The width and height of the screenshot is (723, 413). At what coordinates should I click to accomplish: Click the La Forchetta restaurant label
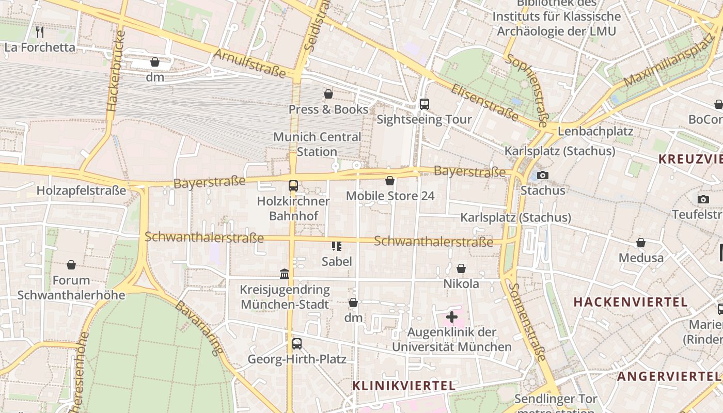pos(40,47)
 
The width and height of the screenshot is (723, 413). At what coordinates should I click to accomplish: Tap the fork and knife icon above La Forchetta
pos(40,32)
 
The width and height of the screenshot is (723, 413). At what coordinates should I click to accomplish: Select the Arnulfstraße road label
pos(249,63)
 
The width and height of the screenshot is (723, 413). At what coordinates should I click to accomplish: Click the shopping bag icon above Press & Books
pos(328,94)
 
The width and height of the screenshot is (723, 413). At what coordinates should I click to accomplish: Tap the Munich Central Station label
pos(317,144)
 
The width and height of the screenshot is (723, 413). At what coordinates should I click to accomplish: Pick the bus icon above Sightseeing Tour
pos(424,104)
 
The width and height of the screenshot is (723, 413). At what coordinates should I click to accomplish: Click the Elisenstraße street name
pos(484,103)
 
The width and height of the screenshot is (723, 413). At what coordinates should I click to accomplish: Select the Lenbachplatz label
pos(595,131)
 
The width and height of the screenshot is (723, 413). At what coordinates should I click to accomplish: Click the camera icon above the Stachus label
pos(542,176)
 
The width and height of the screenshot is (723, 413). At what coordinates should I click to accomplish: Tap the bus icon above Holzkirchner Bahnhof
pos(293,186)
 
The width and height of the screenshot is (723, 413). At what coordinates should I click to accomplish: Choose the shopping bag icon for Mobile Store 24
pos(390,181)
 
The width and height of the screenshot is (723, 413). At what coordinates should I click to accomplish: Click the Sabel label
pos(337,262)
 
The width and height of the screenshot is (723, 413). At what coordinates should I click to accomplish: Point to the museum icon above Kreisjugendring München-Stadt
pos(285,274)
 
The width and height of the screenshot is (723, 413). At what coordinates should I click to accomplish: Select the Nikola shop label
pos(461,284)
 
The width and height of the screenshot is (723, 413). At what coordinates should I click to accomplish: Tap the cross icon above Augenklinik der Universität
pos(452,316)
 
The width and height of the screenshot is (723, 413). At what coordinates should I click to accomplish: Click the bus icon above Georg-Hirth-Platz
pos(297,344)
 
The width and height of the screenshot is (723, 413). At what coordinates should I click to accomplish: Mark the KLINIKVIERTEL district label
pos(404,386)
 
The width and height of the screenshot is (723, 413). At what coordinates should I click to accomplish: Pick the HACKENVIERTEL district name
pos(631,302)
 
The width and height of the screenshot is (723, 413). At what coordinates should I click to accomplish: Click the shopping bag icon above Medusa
pos(641,243)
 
